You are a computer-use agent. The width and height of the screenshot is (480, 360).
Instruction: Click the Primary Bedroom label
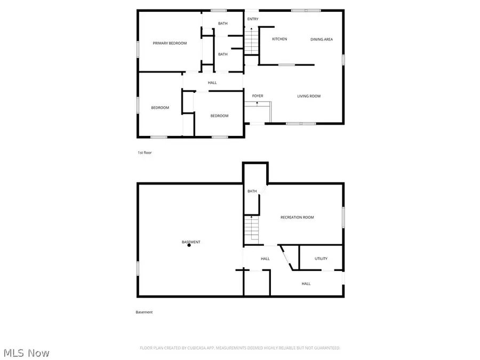(x=170, y=43)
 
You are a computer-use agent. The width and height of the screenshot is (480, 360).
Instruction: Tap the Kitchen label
(x=279, y=39)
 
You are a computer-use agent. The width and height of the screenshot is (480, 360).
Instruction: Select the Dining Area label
(x=322, y=39)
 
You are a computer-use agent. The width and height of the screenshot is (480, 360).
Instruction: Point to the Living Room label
(x=309, y=96)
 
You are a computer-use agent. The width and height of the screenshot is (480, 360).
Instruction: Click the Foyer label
(x=258, y=96)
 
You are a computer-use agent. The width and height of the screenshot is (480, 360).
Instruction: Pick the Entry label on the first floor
(x=253, y=19)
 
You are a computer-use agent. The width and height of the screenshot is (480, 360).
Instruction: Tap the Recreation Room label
(x=297, y=217)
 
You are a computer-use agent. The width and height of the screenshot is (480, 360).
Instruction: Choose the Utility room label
(x=321, y=259)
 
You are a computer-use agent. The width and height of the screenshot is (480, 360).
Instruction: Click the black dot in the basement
(x=189, y=245)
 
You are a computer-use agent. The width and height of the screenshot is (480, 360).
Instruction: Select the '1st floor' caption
(x=145, y=153)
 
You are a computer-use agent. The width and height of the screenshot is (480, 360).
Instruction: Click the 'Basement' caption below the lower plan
(x=144, y=312)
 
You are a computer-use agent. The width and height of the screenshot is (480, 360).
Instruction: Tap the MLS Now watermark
(x=27, y=353)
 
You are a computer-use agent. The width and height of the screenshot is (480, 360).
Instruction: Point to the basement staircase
(x=251, y=229)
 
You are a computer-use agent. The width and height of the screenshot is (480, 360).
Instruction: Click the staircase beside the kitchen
(x=251, y=41)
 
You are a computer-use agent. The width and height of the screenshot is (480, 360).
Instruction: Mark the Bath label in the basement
(x=252, y=191)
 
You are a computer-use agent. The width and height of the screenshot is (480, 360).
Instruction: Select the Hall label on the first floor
(x=212, y=83)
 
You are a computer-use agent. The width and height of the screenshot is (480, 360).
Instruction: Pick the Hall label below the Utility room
(x=306, y=284)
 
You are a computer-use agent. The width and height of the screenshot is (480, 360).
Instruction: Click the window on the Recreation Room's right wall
(x=343, y=218)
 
